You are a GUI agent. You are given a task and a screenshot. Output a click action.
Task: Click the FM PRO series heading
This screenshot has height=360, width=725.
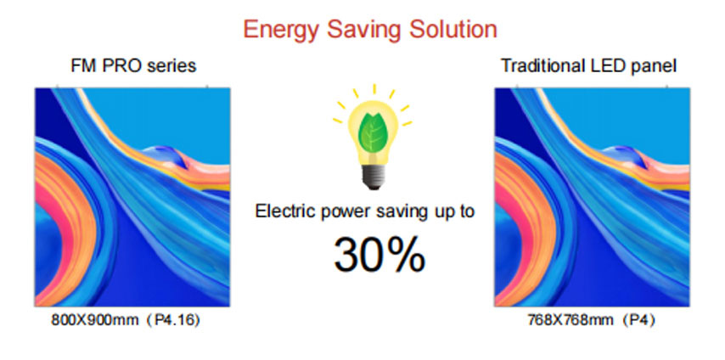click(133, 66)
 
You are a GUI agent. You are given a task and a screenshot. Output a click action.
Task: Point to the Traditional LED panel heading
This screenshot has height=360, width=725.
click(589, 66)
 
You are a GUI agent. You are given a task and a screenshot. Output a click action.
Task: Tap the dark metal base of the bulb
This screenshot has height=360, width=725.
click(373, 177)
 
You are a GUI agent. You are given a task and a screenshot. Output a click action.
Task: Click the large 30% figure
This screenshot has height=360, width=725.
click(379, 255)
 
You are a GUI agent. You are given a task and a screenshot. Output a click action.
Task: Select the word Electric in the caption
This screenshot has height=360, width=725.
click(283, 211)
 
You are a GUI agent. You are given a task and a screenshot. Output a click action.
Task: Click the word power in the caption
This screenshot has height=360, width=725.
click(342, 212)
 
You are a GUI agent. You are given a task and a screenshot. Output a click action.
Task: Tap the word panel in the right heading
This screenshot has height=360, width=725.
click(655, 67)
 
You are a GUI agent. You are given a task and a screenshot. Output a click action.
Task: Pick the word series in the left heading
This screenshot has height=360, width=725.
click(171, 67)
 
